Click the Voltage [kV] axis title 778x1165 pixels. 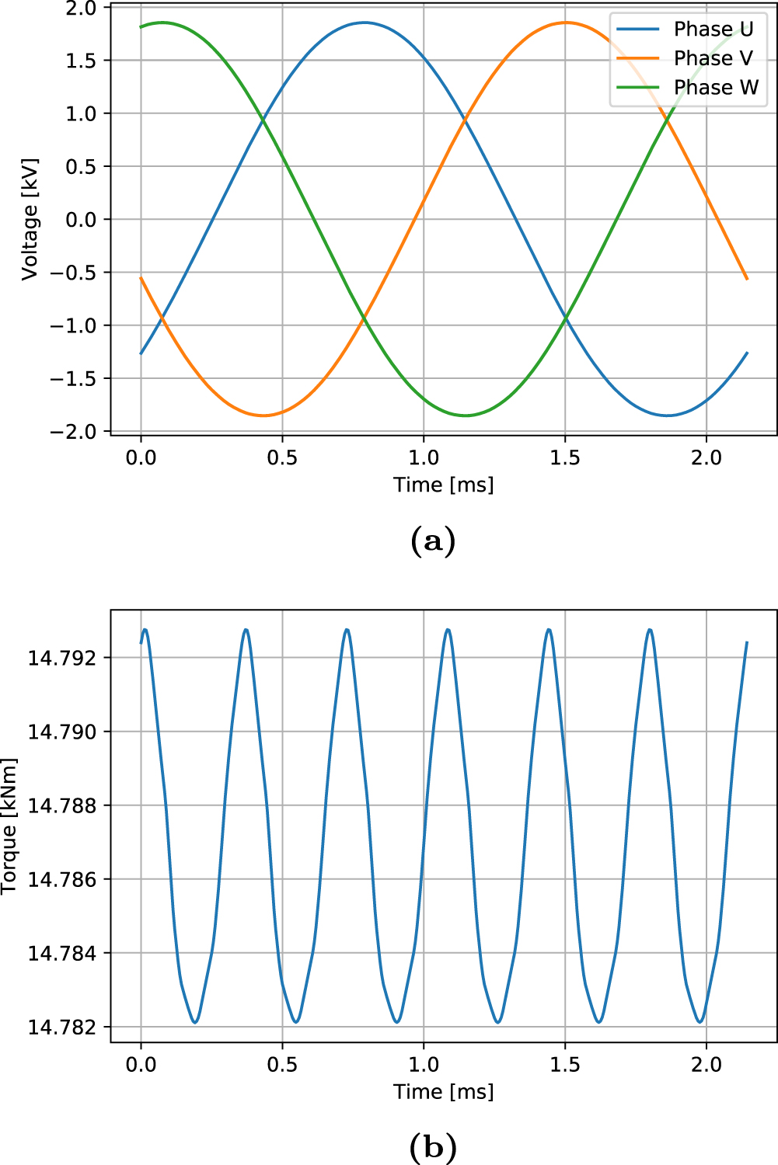30,220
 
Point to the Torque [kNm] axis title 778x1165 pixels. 9,826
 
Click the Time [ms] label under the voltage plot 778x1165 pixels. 443,485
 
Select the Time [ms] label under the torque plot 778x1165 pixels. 443,1091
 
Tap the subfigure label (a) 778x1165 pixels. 432,541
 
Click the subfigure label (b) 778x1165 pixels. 432,1147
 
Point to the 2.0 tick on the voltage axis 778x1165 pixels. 81,9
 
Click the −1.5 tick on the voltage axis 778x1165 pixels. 74,379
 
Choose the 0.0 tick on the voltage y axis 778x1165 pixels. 81,220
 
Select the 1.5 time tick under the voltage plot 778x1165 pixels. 565,457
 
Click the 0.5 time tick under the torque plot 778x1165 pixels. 282,1064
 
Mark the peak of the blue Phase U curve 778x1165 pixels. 364,23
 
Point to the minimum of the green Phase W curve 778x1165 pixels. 465,416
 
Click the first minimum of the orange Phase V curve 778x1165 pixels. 264,416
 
